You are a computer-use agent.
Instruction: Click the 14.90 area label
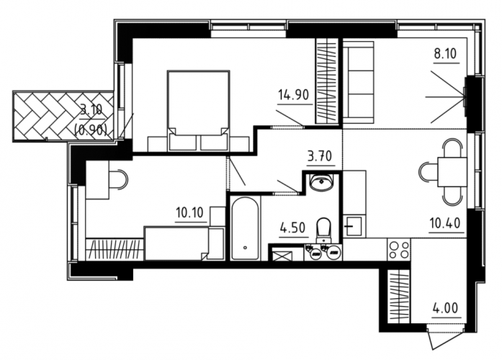pyautogui.click(x=293, y=95)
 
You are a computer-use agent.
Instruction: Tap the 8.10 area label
pyautogui.click(x=445, y=53)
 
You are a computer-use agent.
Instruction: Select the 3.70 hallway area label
pyautogui.click(x=320, y=156)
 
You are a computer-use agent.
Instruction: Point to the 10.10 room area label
pyautogui.click(x=189, y=212)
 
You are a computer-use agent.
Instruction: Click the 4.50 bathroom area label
pyautogui.click(x=292, y=228)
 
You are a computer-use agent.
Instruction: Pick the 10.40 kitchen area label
pyautogui.click(x=445, y=222)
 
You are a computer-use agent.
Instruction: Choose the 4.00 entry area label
pyautogui.click(x=445, y=308)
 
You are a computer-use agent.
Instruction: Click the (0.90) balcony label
pyautogui.click(x=90, y=130)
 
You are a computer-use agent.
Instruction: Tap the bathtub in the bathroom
pyautogui.click(x=245, y=228)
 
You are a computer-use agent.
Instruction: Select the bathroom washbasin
pyautogui.click(x=321, y=183)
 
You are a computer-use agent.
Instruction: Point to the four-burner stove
pyautogui.click(x=398, y=250)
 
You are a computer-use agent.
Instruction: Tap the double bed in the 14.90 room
pyautogui.click(x=198, y=111)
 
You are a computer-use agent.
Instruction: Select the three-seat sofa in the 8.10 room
pyautogui.click(x=359, y=82)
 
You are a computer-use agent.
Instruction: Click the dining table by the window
pyautogui.click(x=452, y=172)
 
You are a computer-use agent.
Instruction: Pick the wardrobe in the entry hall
pyautogui.click(x=399, y=297)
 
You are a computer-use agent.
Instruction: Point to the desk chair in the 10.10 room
pyautogui.click(x=118, y=181)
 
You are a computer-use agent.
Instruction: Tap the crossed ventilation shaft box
pyautogui.click(x=283, y=256)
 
